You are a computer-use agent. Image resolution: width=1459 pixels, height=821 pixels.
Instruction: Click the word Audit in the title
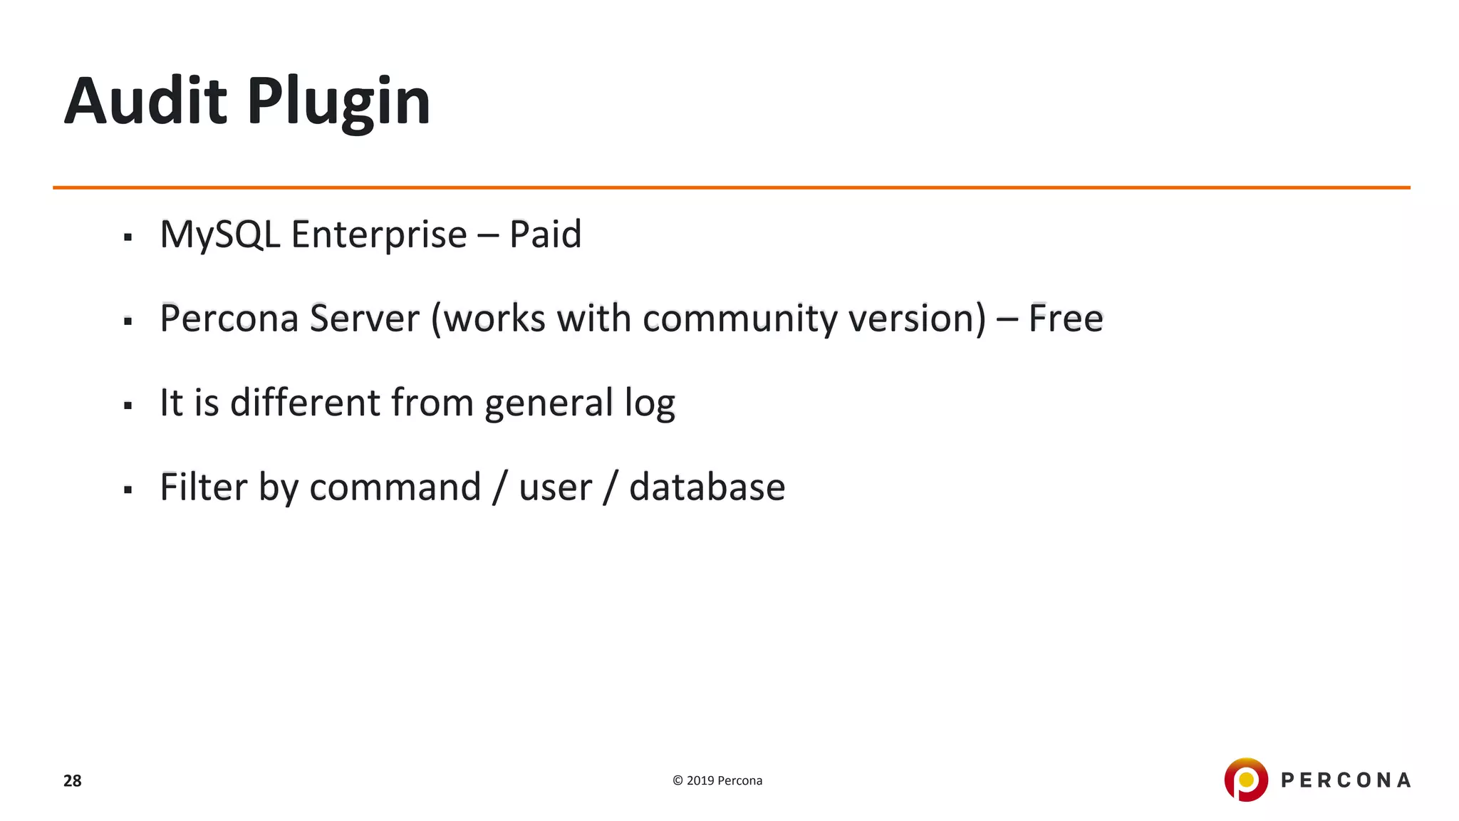[x=145, y=101]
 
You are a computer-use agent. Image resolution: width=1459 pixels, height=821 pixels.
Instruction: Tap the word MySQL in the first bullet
[x=220, y=235]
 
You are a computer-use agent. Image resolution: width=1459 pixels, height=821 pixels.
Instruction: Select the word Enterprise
[x=378, y=235]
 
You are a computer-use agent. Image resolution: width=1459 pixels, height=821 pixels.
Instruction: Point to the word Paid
[x=545, y=234]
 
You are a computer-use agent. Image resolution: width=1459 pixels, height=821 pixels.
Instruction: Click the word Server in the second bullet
[x=364, y=319]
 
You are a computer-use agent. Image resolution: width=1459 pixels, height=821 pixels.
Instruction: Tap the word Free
[x=1065, y=319]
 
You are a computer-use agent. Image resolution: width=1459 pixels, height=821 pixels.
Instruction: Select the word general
[x=549, y=404]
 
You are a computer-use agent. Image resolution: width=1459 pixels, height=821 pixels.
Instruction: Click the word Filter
[x=203, y=487]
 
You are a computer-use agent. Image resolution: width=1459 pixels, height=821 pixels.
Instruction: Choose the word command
[x=395, y=487]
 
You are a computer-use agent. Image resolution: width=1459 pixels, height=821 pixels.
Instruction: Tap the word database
[x=707, y=487]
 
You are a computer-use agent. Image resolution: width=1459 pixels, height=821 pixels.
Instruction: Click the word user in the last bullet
[x=555, y=489]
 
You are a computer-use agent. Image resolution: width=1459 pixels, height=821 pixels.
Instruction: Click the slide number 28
[x=73, y=781]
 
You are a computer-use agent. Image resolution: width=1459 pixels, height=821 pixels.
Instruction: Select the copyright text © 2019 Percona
[x=717, y=780]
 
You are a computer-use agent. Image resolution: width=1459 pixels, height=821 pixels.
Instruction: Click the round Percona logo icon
[x=1245, y=780]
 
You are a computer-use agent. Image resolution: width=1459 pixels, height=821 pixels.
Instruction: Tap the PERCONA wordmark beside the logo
[x=1345, y=780]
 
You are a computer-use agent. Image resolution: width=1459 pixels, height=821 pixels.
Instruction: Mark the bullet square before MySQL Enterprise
[x=128, y=237]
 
